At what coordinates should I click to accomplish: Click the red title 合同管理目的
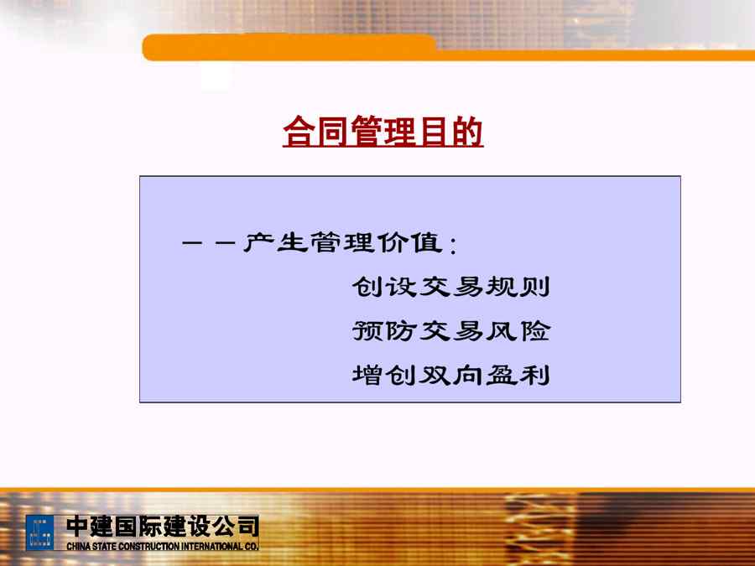point(383,131)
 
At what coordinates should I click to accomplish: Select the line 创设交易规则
point(450,287)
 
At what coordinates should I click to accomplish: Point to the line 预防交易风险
point(450,331)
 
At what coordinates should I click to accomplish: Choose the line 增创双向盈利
point(450,375)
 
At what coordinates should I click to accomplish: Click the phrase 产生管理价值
point(343,242)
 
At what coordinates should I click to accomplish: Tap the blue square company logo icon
point(40,532)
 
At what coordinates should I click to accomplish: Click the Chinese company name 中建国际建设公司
point(163,527)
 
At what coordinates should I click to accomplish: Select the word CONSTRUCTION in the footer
point(148,546)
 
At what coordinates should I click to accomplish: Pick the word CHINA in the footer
point(78,546)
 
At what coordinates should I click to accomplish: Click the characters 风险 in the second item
point(518,331)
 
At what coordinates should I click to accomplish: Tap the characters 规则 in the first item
point(518,287)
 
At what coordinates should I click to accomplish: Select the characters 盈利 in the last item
point(518,375)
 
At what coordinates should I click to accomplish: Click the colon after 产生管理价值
point(453,245)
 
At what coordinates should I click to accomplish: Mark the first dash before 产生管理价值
point(192,242)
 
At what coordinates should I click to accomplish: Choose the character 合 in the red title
point(299,131)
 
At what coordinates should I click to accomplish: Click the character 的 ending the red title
point(466,131)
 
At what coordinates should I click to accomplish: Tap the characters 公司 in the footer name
point(236,527)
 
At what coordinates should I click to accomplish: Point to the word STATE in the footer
point(103,546)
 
